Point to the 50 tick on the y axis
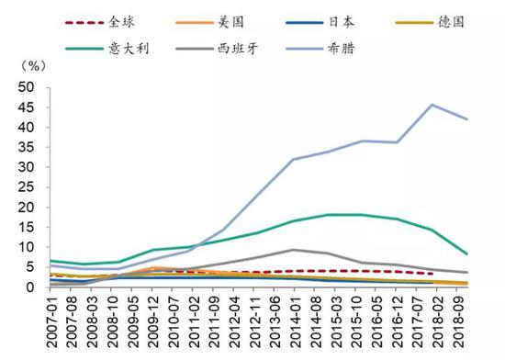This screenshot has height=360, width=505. [27, 87]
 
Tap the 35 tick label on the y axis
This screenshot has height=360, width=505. [27, 147]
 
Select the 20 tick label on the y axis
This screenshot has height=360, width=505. [27, 208]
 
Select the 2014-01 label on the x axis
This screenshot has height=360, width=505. [293, 323]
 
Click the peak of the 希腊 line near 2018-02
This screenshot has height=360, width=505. [432, 105]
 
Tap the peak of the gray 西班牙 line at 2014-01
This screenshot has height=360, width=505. [293, 250]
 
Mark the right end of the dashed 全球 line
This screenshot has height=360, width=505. [432, 274]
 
